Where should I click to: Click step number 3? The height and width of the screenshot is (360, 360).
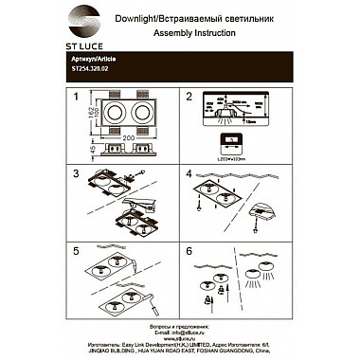click(x=75, y=175)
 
